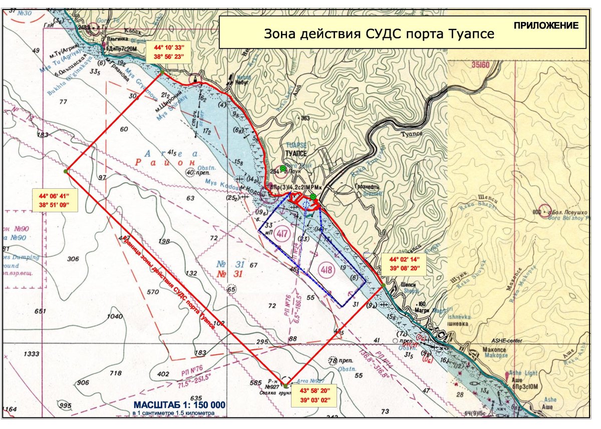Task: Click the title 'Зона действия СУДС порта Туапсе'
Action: [x=379, y=34]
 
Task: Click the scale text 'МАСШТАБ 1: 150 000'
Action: [x=179, y=404]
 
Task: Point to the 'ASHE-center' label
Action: [x=506, y=341]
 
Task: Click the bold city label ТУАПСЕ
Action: [x=295, y=154]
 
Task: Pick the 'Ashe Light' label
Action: [x=523, y=373]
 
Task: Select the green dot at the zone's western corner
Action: [x=66, y=171]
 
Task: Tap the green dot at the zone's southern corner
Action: [x=284, y=385]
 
